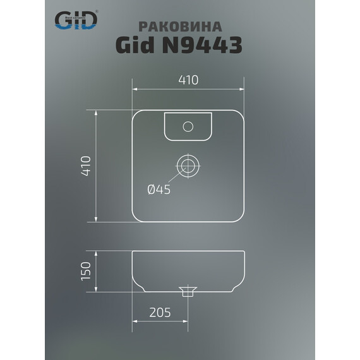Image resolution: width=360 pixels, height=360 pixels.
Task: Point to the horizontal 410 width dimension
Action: click(x=188, y=80)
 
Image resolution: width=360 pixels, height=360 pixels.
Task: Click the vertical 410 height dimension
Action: click(x=87, y=165)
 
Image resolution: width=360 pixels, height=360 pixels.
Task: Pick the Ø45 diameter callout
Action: click(x=159, y=188)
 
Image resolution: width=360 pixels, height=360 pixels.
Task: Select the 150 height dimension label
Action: click(x=87, y=270)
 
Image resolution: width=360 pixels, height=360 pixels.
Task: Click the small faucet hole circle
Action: click(x=188, y=126)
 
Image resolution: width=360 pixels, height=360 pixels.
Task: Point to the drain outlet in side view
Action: click(x=187, y=292)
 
